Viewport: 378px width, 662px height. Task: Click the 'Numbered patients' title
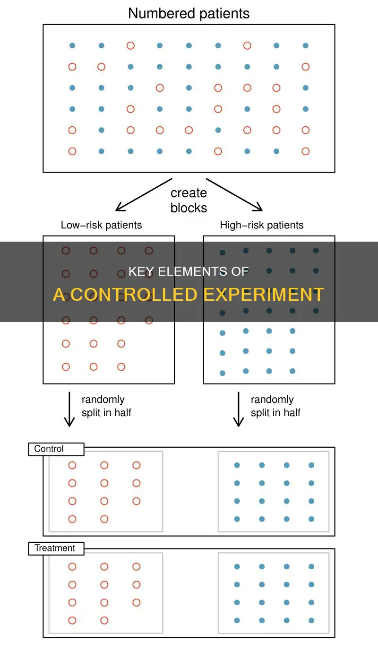(x=189, y=13)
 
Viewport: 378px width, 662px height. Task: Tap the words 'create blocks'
(x=189, y=200)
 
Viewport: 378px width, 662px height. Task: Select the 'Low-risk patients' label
(x=101, y=226)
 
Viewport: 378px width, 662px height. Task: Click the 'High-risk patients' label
(x=262, y=226)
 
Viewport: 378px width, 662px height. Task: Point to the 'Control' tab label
(x=49, y=449)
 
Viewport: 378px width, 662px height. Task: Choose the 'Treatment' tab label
(x=55, y=549)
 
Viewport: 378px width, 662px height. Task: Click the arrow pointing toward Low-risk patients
(x=143, y=195)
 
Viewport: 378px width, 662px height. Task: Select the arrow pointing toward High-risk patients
(x=235, y=195)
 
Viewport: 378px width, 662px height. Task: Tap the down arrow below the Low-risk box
(x=69, y=409)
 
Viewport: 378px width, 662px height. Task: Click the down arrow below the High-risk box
(x=239, y=409)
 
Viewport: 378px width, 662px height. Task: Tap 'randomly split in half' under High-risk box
(x=275, y=406)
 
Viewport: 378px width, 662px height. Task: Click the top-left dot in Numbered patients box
(x=72, y=46)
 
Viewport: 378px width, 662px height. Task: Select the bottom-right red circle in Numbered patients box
(x=306, y=151)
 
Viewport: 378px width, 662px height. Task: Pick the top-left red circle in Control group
(x=72, y=465)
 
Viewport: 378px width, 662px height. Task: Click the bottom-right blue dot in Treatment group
(x=311, y=620)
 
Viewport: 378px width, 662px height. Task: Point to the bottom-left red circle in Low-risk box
(x=66, y=366)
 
